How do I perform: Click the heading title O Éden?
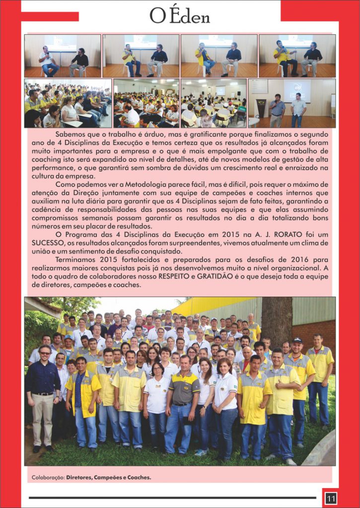pyautogui.click(x=180, y=16)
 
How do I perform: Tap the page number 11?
pyautogui.click(x=331, y=498)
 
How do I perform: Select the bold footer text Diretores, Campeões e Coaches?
pyautogui.click(x=109, y=477)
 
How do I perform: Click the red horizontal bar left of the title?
pyautogui.click(x=50, y=17)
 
